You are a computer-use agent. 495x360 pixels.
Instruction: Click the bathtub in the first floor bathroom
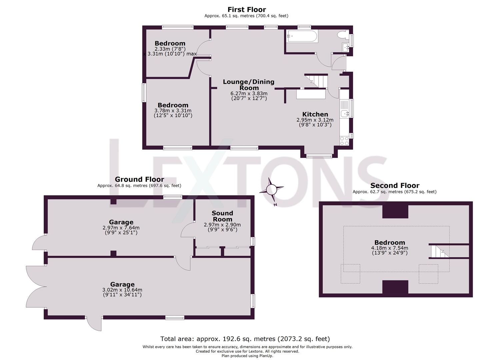[302, 36]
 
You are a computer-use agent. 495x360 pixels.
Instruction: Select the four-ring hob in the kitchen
[344, 141]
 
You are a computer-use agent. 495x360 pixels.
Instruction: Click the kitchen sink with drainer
[345, 109]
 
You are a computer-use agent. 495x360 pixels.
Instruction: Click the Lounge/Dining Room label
[249, 85]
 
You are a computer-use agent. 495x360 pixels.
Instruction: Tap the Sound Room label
[222, 216]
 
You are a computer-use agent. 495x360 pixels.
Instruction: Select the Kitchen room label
[315, 114]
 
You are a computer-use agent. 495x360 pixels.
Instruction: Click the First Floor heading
[247, 10]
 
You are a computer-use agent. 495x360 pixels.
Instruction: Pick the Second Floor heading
[395, 185]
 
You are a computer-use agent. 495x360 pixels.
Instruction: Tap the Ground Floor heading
[139, 179]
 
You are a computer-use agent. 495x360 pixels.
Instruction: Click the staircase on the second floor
[439, 251]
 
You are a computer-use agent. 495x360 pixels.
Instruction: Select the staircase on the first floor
[316, 81]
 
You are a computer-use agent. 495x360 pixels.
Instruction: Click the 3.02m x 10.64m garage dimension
[122, 290]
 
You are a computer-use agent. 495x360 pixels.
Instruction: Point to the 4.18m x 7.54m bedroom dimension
[390, 248]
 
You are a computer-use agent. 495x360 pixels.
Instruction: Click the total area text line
[245, 339]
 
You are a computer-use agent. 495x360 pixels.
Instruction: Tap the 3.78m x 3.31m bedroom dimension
[173, 110]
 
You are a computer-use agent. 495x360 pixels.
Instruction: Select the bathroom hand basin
[346, 47]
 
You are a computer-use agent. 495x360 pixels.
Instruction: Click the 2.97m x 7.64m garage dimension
[121, 228]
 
